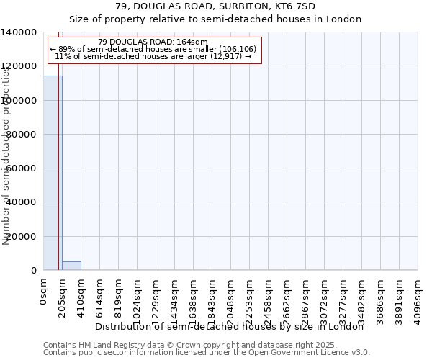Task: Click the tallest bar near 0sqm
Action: point(53,173)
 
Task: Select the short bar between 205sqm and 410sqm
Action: point(71,266)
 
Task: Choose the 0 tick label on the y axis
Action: point(33,271)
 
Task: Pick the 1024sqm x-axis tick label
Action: point(138,297)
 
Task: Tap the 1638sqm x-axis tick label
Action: point(194,297)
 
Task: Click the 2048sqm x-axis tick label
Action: point(231,297)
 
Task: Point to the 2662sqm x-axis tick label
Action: point(287,297)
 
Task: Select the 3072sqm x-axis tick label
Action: point(325,297)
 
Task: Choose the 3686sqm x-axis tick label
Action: point(381,297)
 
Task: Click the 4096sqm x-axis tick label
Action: point(418,297)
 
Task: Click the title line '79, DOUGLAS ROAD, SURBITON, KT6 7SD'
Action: point(215,6)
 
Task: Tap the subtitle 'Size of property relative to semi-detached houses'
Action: point(215,19)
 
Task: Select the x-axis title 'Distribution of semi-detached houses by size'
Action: point(230,326)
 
